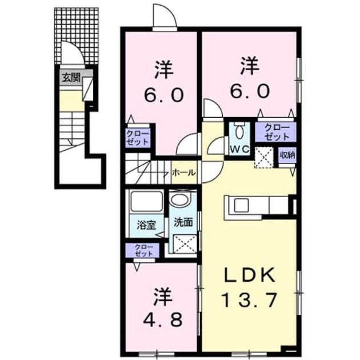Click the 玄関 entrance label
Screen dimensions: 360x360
pos(71,78)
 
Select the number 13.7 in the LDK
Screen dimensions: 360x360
pos(249,300)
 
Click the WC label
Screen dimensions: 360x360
pos(239,150)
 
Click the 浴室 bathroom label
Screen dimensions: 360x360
pos(146,225)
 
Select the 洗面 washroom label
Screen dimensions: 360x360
pos(183,222)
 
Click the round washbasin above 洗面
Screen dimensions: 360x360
pos(181,200)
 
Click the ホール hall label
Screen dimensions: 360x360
pos(183,172)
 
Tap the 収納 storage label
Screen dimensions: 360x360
pos(287,155)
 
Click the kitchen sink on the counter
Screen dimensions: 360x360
pos(241,206)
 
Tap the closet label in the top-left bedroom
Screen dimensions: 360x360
pos(138,137)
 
